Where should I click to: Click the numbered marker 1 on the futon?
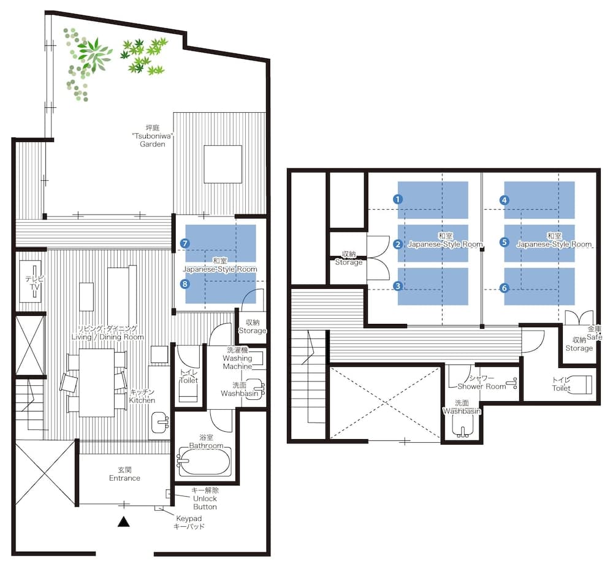pos(398,199)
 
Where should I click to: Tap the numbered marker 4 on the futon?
pos(504,199)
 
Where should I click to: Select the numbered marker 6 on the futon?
pos(504,287)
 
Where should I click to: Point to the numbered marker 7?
pos(185,243)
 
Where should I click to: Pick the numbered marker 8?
pos(185,284)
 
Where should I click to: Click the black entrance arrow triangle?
pos(124,523)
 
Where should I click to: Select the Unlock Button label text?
pos(205,499)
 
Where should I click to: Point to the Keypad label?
pos(188,523)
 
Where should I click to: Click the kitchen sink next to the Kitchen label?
pos(161,421)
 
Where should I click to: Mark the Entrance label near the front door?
pos(124,474)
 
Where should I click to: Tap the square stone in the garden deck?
pos(223,164)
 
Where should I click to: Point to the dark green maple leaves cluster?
pos(145,55)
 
